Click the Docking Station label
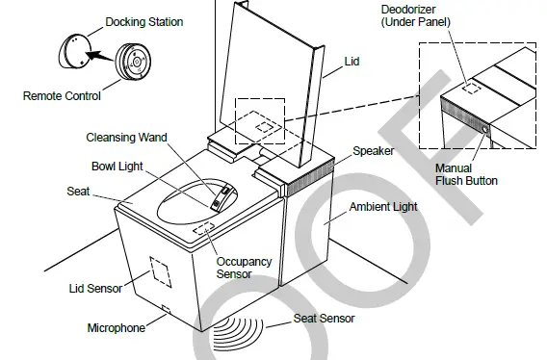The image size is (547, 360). pos(143,22)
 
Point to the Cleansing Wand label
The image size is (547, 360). pos(126,138)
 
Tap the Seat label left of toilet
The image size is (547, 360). pos(78,192)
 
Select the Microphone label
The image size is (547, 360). pos(116,328)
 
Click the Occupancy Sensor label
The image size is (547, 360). pos(244,268)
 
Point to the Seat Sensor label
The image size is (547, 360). pos(325,319)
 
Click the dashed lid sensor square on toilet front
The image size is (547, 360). pos(158,272)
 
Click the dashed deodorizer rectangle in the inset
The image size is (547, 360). pos(471,87)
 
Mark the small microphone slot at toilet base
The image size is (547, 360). pos(167,310)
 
